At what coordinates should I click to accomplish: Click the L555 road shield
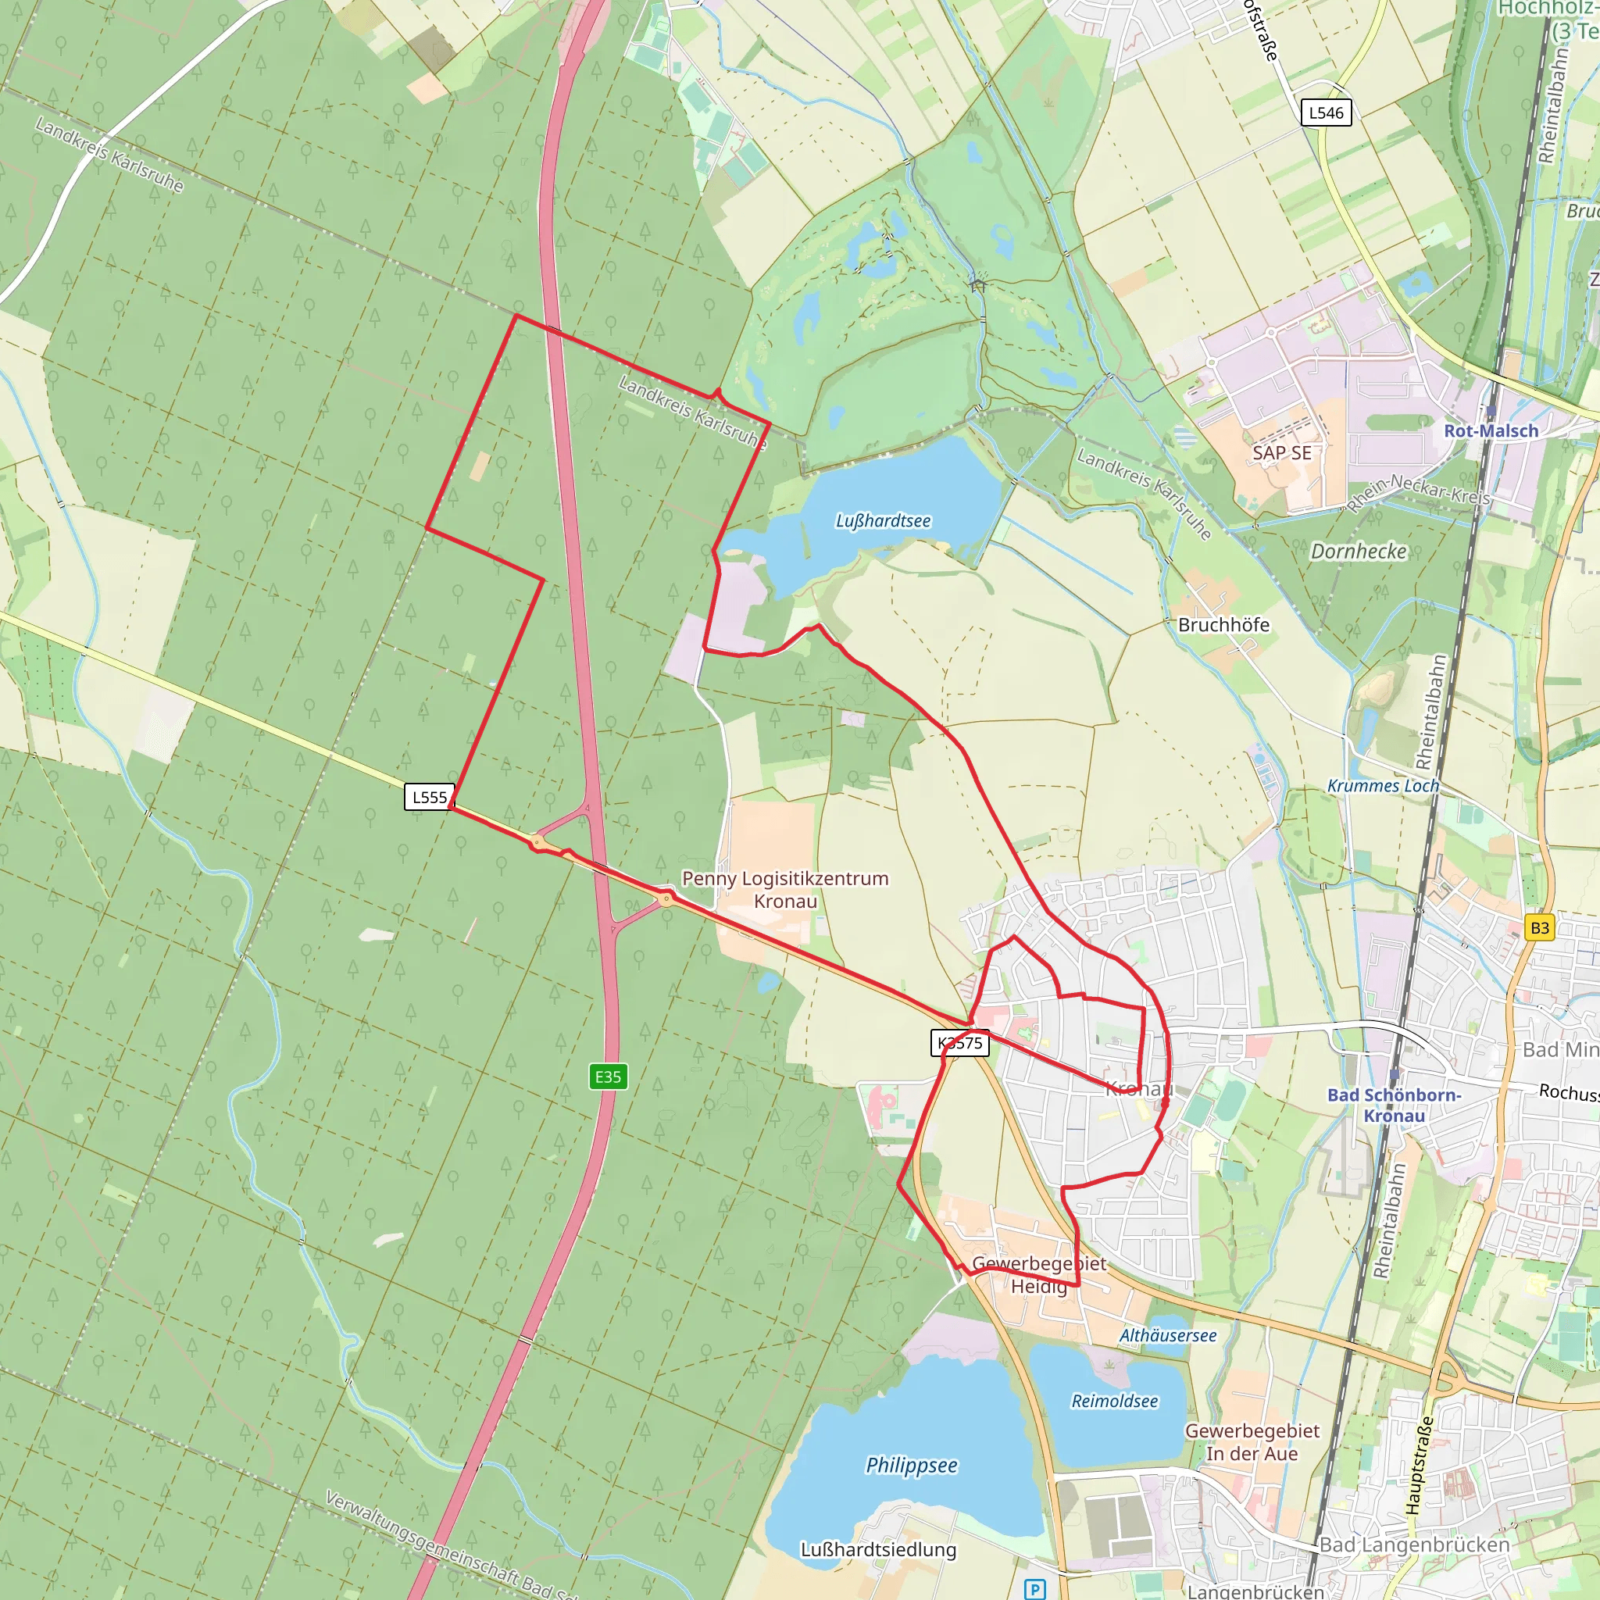pos(429,797)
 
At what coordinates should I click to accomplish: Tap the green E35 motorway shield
pos(608,1077)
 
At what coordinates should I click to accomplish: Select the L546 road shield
pos(1326,112)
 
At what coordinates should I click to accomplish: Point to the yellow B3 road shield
pos(1540,927)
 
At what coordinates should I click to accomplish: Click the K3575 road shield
pos(960,1043)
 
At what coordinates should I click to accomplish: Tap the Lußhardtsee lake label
pos(883,521)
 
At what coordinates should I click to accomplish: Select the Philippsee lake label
pos(911,1465)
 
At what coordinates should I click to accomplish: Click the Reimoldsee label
pos(1115,1402)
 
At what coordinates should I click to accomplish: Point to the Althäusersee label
pos(1168,1335)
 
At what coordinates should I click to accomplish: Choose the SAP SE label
pos(1282,453)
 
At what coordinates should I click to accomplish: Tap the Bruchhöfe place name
pos(1223,624)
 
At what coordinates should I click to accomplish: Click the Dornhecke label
pos(1358,552)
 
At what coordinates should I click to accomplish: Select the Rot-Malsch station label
pos(1491,430)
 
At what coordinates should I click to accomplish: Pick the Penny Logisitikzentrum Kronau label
pos(785,889)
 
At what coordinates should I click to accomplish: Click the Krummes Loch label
pos(1383,785)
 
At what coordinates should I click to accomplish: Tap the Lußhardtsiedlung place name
pos(878,1549)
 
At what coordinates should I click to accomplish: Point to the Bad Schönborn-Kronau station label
pos(1395,1105)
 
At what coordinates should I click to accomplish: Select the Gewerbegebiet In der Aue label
pos(1252,1442)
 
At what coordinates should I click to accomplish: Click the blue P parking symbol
pos(1035,1589)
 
